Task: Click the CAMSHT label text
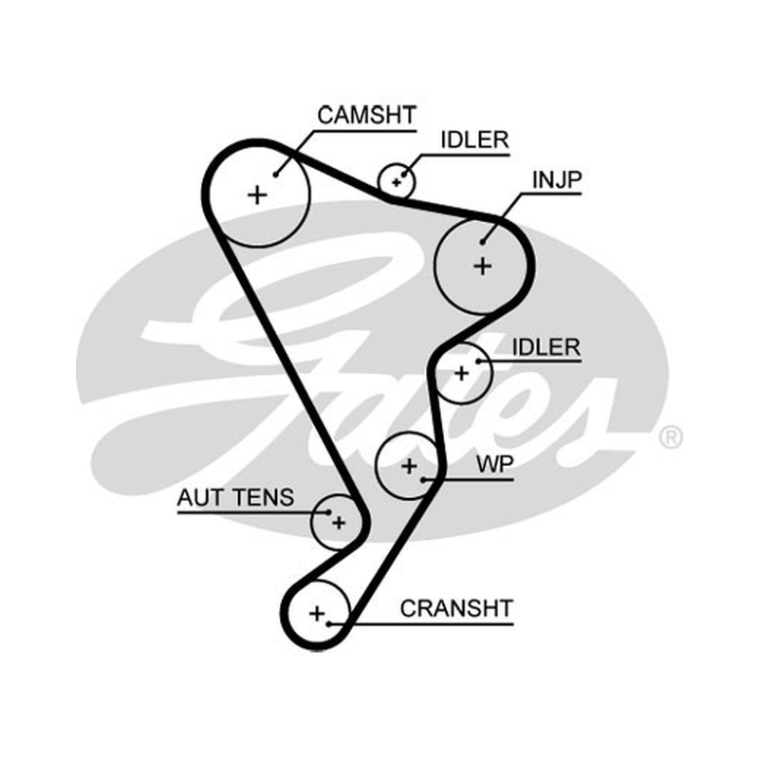tap(366, 115)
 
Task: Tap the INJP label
tap(557, 179)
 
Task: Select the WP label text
tap(494, 464)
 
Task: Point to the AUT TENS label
tap(235, 497)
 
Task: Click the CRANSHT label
tap(456, 608)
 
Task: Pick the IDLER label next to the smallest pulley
tap(474, 139)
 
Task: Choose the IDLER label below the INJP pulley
tap(546, 347)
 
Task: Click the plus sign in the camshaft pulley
tap(257, 195)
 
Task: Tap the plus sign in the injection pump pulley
tap(483, 267)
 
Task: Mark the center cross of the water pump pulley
tap(410, 466)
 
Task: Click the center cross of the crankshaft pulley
tap(317, 614)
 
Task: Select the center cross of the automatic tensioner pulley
tap(339, 523)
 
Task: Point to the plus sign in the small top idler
tap(397, 182)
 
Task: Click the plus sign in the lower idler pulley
tap(462, 373)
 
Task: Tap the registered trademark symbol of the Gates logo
tap(671, 437)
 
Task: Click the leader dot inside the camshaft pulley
tap(275, 175)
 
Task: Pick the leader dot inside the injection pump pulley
tap(483, 242)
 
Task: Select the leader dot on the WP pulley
tap(423, 480)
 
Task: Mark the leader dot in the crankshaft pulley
tap(328, 624)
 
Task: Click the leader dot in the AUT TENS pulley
tap(329, 512)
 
